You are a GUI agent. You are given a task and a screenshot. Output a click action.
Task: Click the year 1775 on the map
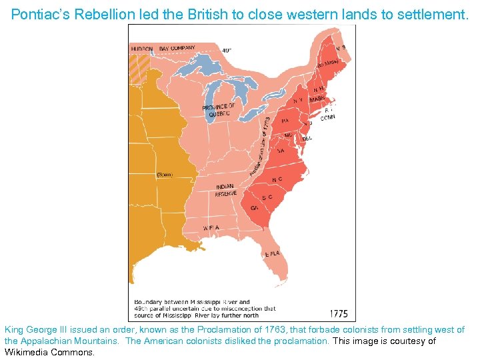[338, 313]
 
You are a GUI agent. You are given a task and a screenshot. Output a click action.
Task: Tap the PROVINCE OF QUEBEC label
[219, 110]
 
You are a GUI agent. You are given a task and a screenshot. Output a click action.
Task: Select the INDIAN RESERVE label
[225, 190]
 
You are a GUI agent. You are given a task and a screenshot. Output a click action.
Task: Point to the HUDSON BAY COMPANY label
[163, 49]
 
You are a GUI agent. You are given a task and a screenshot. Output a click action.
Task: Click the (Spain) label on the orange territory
[164, 175]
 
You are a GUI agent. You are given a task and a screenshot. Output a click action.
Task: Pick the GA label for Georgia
[255, 208]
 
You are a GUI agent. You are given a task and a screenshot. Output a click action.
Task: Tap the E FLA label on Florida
[272, 254]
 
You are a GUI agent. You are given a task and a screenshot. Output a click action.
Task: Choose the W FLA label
[211, 227]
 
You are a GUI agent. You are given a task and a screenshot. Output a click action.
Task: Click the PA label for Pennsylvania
[285, 121]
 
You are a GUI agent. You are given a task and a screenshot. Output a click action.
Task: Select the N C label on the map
[276, 179]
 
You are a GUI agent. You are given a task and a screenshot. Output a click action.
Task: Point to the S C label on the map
[267, 197]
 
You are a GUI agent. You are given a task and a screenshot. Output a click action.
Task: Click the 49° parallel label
[227, 50]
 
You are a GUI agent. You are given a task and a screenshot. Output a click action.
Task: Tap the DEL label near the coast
[307, 138]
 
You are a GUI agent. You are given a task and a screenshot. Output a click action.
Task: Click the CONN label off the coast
[327, 117]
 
